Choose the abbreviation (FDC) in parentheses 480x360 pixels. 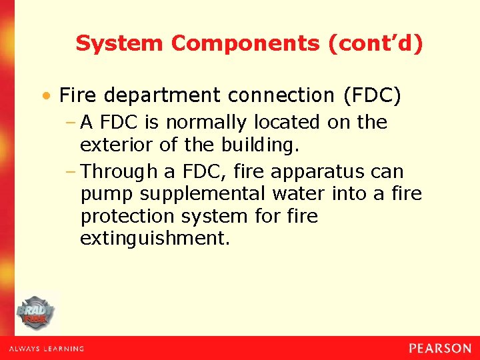372,96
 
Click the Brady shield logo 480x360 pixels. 35,312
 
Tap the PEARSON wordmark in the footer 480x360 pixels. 440,348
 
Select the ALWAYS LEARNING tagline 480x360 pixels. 46,349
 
